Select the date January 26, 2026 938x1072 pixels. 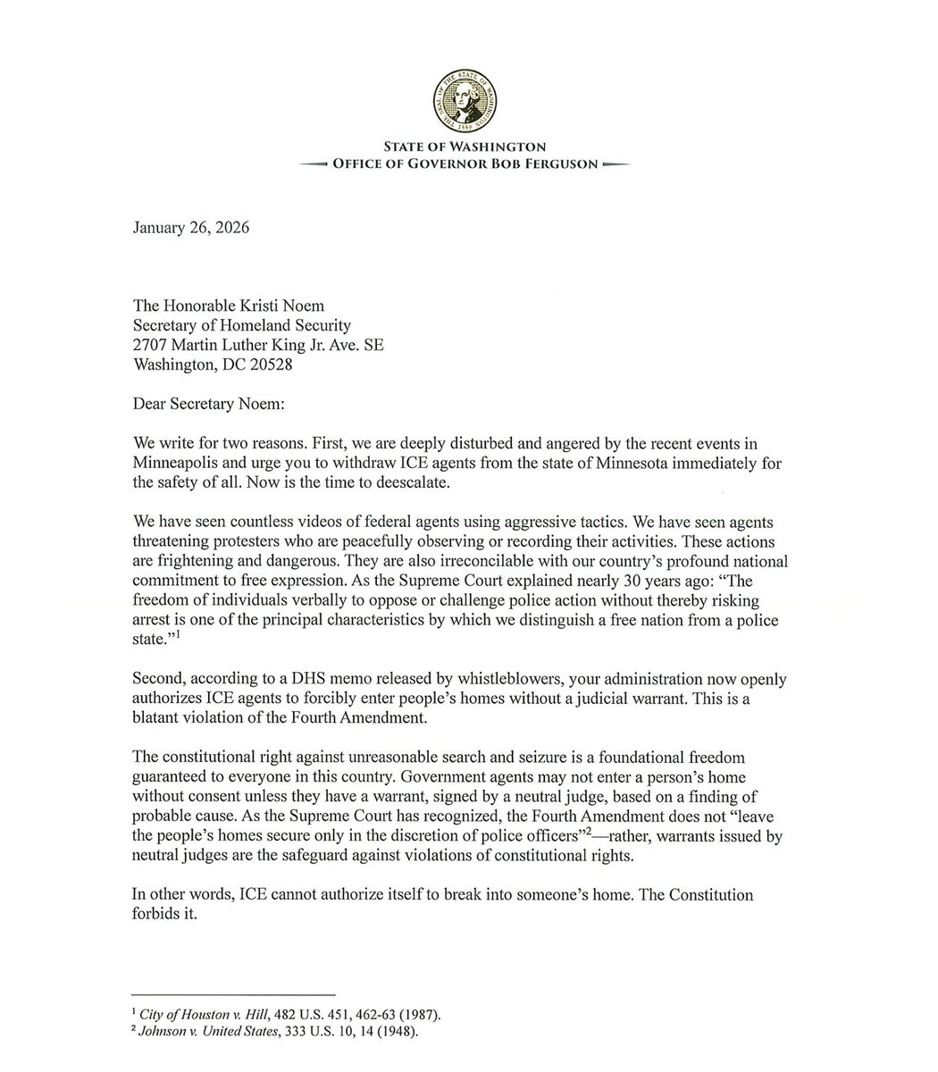tap(190, 228)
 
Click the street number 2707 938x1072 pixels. tap(151, 345)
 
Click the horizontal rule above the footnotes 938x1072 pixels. tap(232, 994)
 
